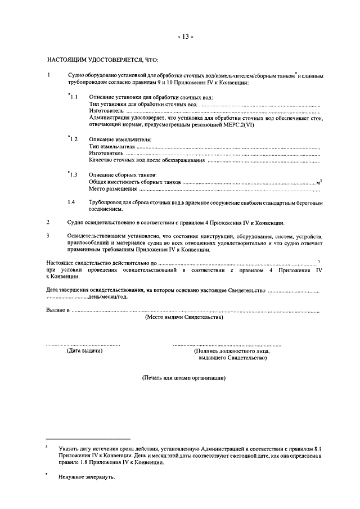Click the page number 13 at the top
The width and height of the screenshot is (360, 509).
pos(186,37)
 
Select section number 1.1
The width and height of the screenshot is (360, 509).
pos(73,97)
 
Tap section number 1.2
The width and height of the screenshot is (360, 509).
pos(73,138)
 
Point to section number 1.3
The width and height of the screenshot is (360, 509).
pos(73,175)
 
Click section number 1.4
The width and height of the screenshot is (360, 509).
pos(71,202)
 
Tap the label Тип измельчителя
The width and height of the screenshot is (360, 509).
pos(112,146)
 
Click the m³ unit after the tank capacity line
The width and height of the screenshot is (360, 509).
pos(319,182)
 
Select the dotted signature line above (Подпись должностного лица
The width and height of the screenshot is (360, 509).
pos(227,344)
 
